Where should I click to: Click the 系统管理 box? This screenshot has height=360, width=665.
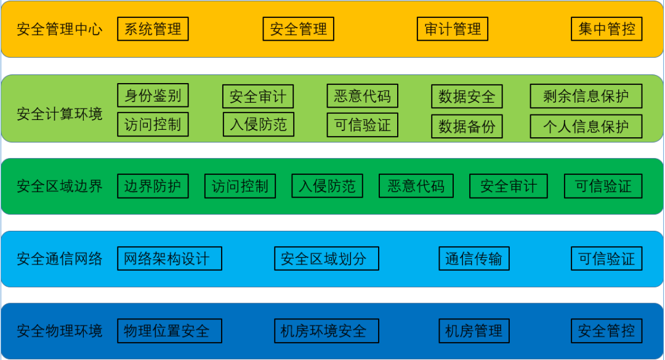pos(153,29)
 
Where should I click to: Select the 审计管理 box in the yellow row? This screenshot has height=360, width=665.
pos(453,29)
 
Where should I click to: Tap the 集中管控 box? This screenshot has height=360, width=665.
pos(607,29)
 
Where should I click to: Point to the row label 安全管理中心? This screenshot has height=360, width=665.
pos(59,29)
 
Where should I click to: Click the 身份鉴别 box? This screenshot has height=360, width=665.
pos(153,95)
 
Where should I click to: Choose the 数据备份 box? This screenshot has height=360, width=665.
pos(467,126)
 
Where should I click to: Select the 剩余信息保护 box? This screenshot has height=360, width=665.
pos(586,96)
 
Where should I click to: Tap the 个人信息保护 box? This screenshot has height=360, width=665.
pos(586,126)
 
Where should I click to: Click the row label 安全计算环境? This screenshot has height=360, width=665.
pos(59,114)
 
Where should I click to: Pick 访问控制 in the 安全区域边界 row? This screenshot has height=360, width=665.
pos(240,186)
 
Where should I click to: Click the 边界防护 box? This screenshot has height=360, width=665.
pos(153,186)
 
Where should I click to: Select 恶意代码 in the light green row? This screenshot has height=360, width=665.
pos(362,96)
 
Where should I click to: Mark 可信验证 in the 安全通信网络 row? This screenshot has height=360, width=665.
pos(607,258)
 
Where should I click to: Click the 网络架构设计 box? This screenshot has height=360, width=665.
pos(169,258)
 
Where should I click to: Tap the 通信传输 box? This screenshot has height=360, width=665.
pos(474,258)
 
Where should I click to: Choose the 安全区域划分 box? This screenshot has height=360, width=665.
pos(326,258)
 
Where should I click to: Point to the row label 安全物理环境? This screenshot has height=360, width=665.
pos(59,330)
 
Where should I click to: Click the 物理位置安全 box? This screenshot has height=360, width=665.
pos(169,330)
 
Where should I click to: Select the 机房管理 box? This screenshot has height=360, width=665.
pos(474,330)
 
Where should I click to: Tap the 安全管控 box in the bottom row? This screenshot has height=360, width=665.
pos(607,330)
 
